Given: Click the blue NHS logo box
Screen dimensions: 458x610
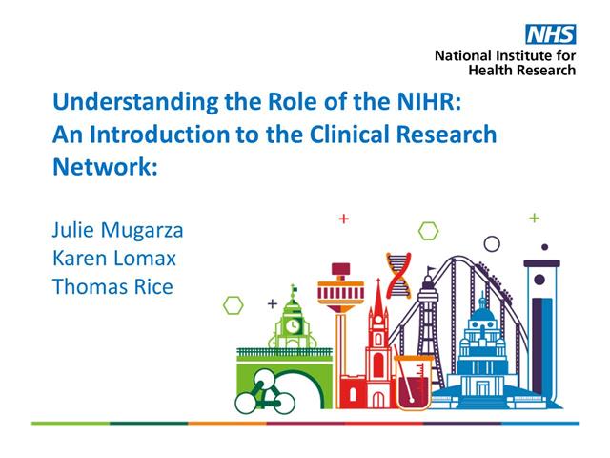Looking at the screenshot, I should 553,35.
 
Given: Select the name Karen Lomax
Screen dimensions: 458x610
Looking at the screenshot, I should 114,258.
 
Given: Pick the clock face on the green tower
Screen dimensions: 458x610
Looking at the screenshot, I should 294,324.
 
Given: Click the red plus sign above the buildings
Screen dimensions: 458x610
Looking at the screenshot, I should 344,219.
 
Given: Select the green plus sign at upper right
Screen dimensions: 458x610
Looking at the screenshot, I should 535,218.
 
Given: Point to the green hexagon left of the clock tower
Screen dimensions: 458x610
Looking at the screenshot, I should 232,305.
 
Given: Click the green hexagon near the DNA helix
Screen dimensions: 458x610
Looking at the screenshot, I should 429,231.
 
